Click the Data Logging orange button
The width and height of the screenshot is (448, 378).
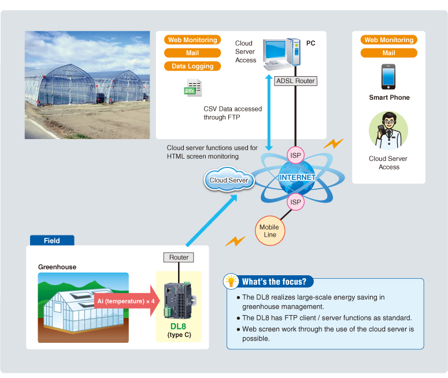192,66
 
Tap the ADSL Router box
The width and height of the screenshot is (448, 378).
295,81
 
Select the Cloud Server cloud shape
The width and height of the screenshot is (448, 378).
229,180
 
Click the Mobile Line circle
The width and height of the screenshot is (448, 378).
269,230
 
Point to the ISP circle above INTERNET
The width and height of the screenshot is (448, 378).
295,155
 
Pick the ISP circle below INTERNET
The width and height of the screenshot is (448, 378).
295,202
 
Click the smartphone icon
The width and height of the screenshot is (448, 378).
388,76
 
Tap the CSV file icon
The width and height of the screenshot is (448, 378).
192,88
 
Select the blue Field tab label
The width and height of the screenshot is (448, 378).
51,241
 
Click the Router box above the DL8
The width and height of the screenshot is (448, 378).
179,257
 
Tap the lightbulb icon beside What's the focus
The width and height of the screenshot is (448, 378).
232,282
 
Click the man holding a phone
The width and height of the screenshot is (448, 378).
388,131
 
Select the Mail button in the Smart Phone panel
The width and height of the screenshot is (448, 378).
388,53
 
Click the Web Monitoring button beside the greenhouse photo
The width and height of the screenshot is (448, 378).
192,40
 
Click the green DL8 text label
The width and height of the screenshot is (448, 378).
179,327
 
